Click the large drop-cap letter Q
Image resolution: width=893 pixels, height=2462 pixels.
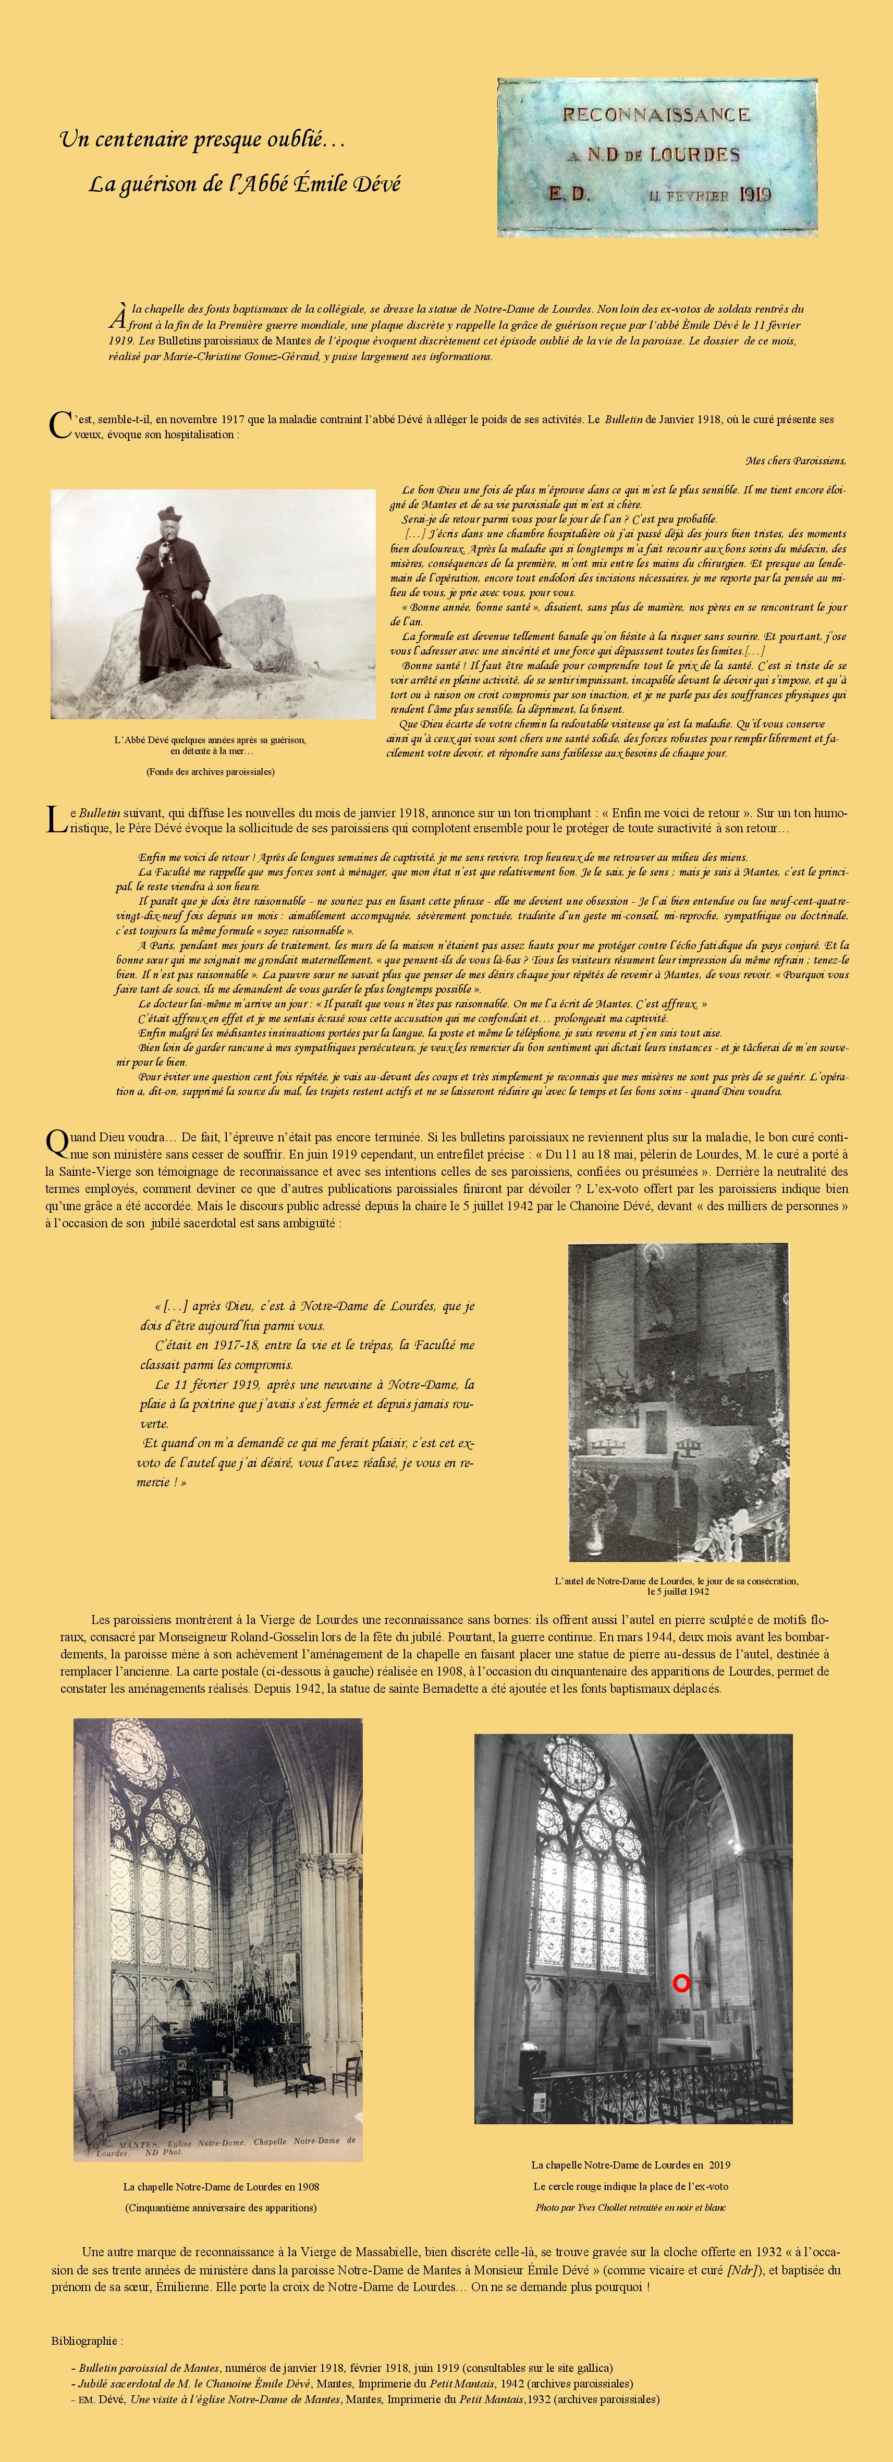point(57,1143)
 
